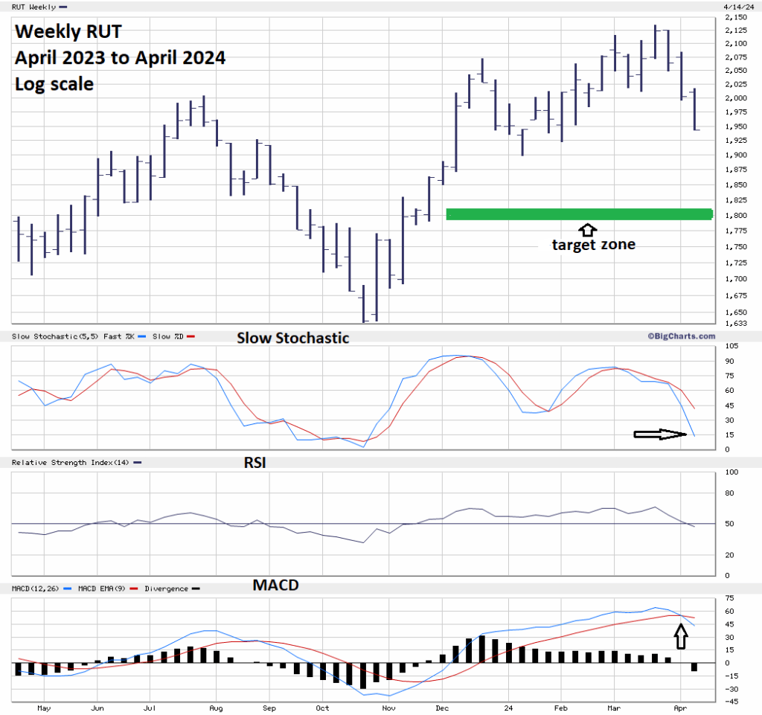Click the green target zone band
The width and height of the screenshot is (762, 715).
pos(579,214)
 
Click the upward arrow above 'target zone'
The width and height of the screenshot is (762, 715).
pos(588,230)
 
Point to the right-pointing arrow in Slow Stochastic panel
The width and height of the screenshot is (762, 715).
pos(659,435)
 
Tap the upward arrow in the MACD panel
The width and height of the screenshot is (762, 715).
pos(679,635)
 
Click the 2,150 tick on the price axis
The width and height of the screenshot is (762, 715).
pos(735,16)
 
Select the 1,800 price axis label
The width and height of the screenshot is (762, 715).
pos(735,215)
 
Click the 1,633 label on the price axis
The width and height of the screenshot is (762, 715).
pos(735,323)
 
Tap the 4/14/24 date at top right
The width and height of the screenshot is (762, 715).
pos(736,7)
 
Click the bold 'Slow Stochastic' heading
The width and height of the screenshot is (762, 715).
pos(292,338)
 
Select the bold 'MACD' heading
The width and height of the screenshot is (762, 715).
pos(275,585)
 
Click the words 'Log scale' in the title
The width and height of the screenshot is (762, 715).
pos(54,84)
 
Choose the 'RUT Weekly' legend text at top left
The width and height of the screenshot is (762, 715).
pos(33,7)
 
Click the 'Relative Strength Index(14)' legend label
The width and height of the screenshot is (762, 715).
pos(70,463)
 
